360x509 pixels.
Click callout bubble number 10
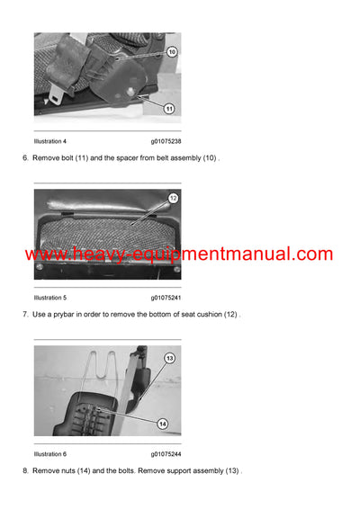[172, 52]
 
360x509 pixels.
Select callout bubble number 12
[172, 198]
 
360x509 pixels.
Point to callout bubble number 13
[168, 358]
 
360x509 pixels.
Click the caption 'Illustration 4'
[50, 141]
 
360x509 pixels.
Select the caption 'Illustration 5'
[50, 297]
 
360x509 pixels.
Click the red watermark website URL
[179, 254]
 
